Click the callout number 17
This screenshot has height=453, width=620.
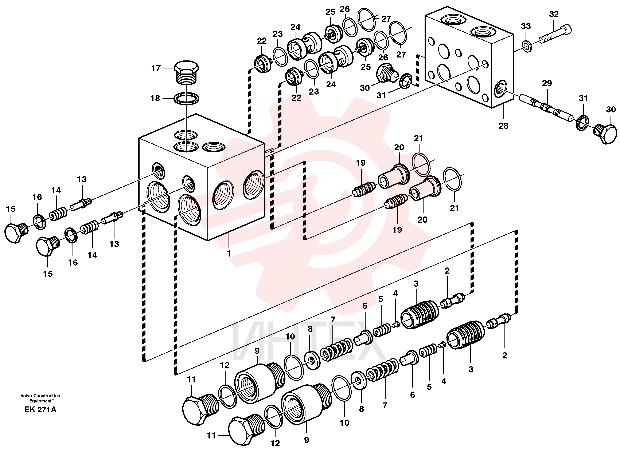click(x=156, y=68)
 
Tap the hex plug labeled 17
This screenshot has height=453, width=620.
click(x=186, y=72)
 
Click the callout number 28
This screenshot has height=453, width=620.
click(x=503, y=126)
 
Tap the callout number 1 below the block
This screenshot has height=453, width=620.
click(x=229, y=253)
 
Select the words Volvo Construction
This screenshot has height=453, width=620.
click(x=40, y=396)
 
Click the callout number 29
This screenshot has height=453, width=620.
click(x=547, y=83)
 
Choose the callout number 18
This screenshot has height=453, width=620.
click(x=155, y=98)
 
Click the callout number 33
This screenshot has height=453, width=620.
click(x=526, y=26)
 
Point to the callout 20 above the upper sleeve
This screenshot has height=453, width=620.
click(x=399, y=148)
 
